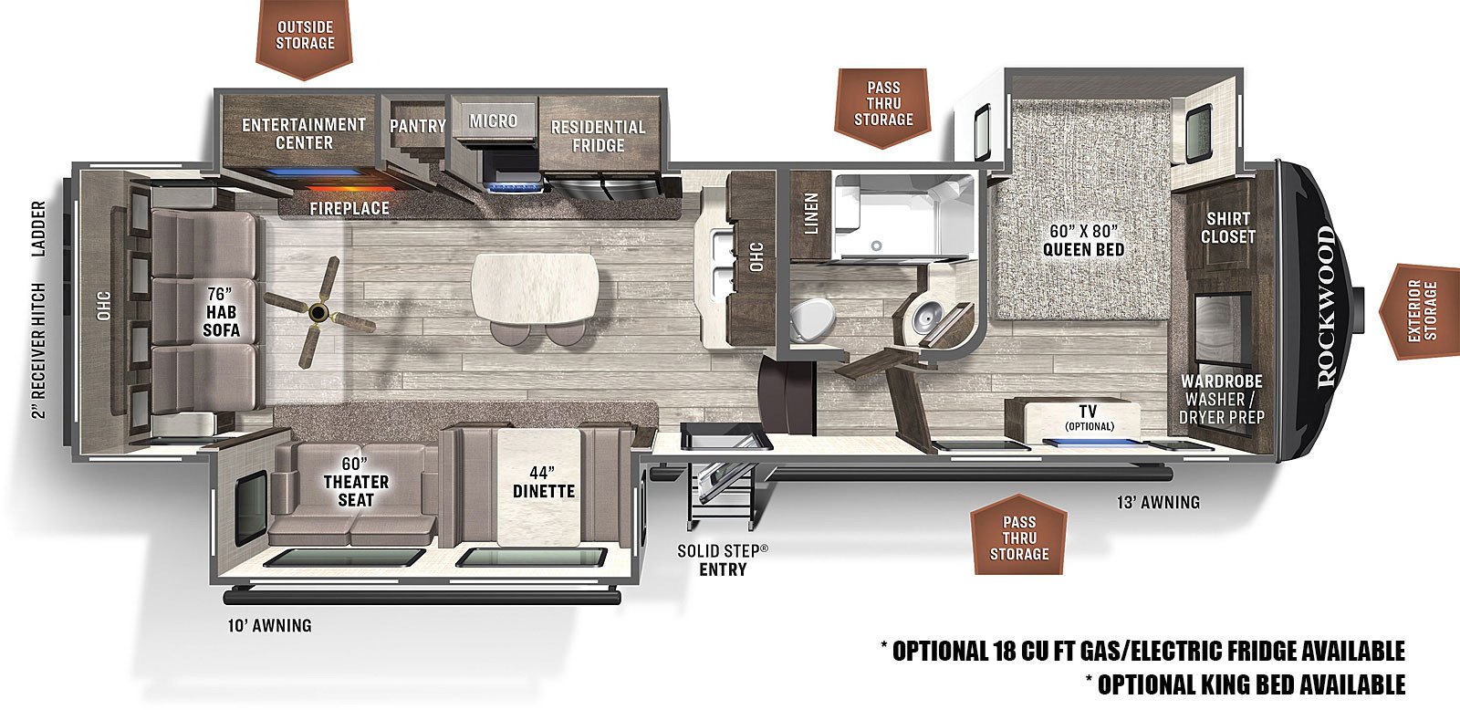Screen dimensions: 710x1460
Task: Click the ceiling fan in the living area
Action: point(318,313)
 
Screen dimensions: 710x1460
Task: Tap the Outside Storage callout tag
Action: point(306,37)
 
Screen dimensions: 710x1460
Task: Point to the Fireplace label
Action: point(349,208)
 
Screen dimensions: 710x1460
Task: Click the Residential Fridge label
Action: point(598,136)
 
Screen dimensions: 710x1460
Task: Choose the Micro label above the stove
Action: point(493,120)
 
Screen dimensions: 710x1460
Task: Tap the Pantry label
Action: point(417,126)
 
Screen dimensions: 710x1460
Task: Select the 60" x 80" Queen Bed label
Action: point(1082,240)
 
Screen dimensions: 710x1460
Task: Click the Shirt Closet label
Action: point(1227,227)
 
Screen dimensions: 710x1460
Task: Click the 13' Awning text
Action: point(1157,502)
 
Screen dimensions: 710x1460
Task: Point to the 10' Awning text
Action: point(269,625)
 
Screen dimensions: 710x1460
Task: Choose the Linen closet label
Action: point(811,213)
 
